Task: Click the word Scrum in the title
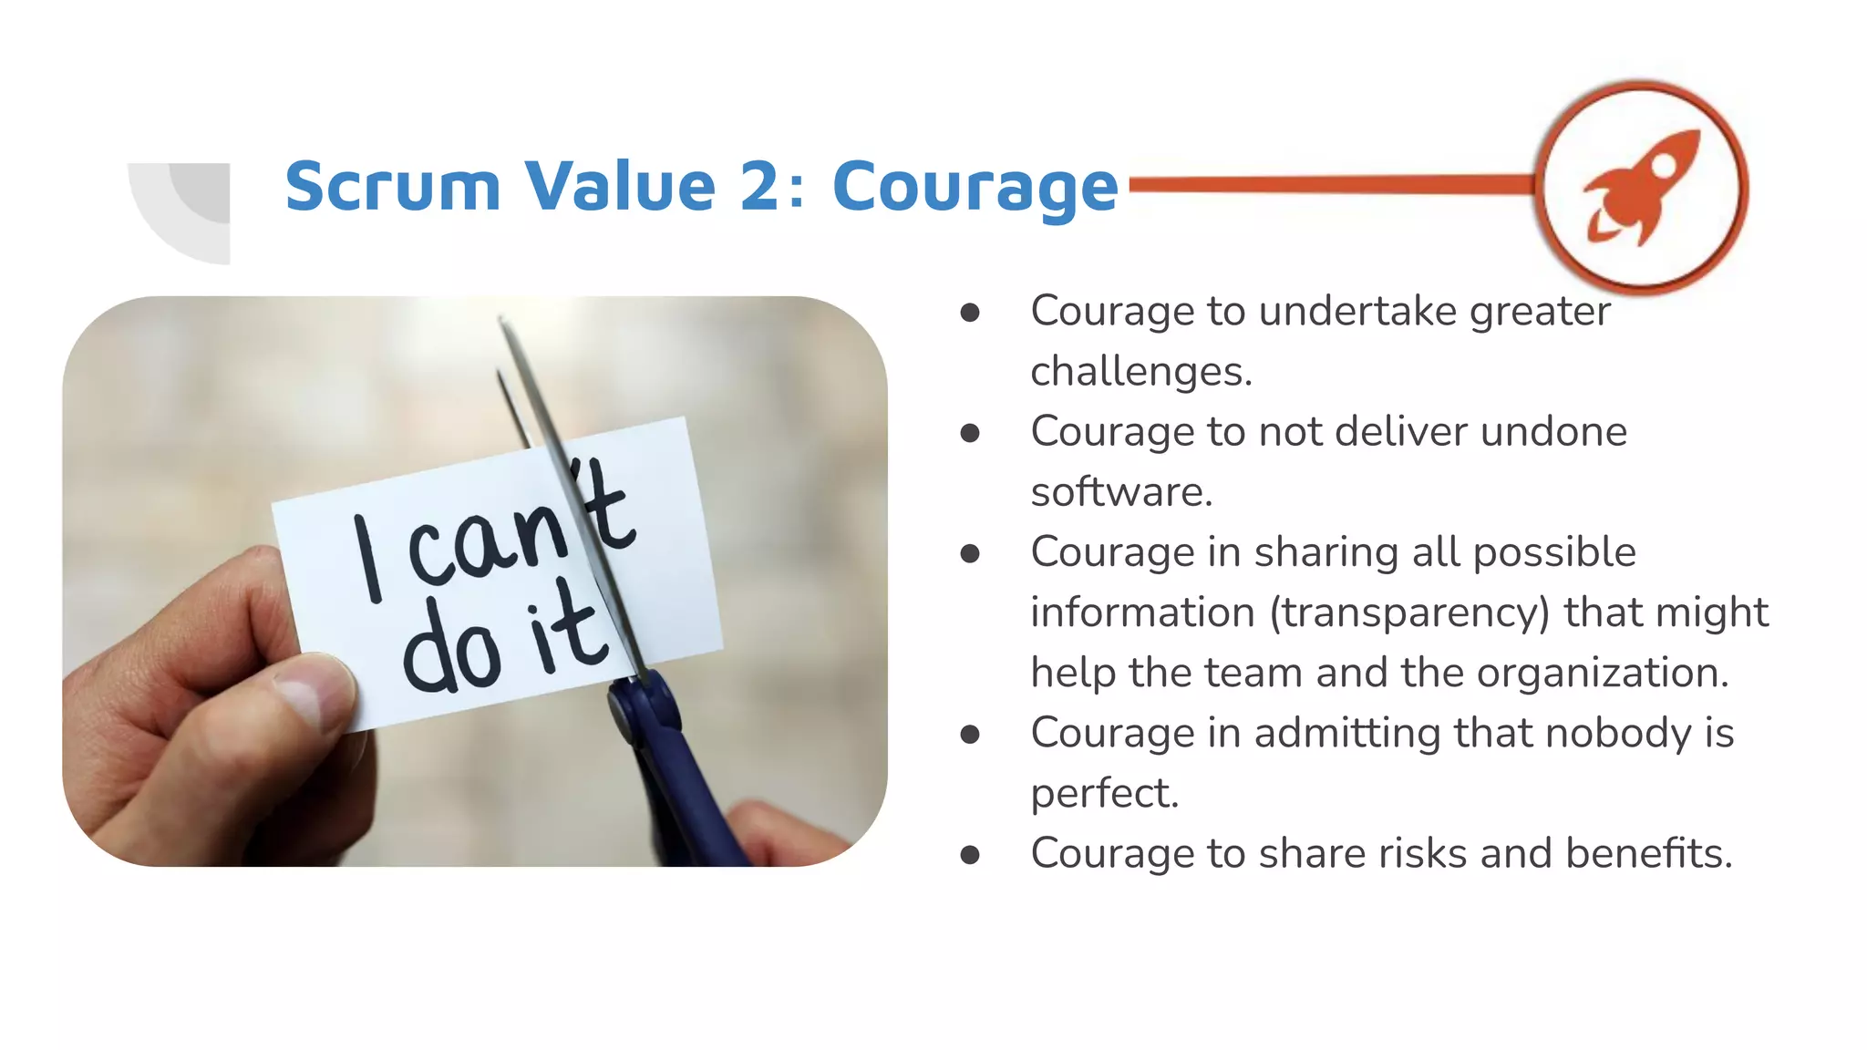(392, 187)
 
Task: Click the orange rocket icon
(1641, 187)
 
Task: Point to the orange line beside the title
(1331, 185)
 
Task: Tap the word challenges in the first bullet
(1140, 371)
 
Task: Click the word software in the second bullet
(1120, 492)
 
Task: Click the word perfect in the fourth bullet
(1103, 793)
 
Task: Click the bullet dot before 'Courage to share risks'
(970, 855)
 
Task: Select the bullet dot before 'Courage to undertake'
(970, 313)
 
